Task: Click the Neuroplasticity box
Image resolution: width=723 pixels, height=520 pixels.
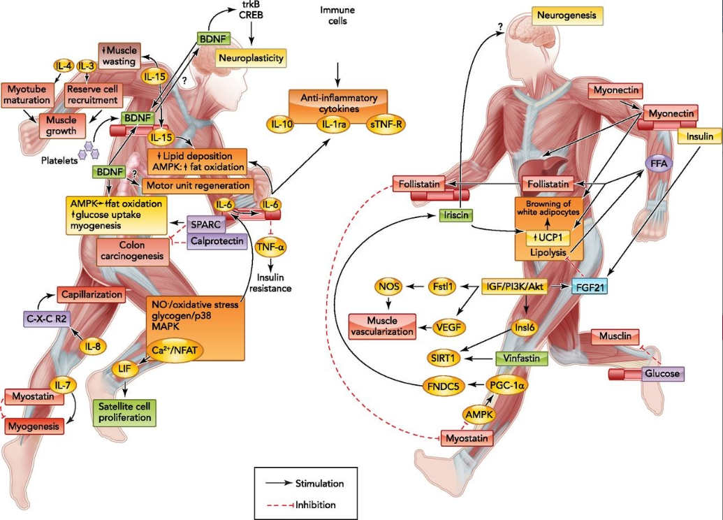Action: [x=251, y=58]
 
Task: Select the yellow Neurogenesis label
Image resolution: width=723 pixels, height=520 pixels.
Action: [x=567, y=15]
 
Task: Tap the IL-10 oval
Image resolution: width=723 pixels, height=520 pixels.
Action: [x=281, y=124]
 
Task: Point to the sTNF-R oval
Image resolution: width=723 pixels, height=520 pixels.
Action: [x=386, y=124]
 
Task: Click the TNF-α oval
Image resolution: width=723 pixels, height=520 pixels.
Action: [x=270, y=247]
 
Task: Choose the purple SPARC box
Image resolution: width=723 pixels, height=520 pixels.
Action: [x=205, y=224]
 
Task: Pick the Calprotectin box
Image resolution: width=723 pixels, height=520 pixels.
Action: [x=217, y=241]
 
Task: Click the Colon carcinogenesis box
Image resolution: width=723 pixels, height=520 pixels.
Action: [x=132, y=251]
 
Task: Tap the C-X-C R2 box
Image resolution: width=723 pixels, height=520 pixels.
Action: [x=46, y=318]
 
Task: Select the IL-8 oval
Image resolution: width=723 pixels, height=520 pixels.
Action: [x=93, y=346]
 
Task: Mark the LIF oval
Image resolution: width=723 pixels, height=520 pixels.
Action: [x=125, y=368]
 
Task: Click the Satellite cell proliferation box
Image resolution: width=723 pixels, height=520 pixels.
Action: [x=125, y=412]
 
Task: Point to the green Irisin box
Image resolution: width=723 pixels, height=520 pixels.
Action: [x=456, y=215]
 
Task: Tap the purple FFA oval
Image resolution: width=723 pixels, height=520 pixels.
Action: [x=659, y=164]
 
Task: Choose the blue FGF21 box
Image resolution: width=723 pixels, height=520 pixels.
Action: [x=590, y=287]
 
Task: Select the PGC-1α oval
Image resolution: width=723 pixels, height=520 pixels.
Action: [x=506, y=385]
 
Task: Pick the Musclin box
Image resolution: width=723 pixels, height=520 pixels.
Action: [x=615, y=336]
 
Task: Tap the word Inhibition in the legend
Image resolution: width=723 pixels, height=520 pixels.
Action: [x=315, y=505]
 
